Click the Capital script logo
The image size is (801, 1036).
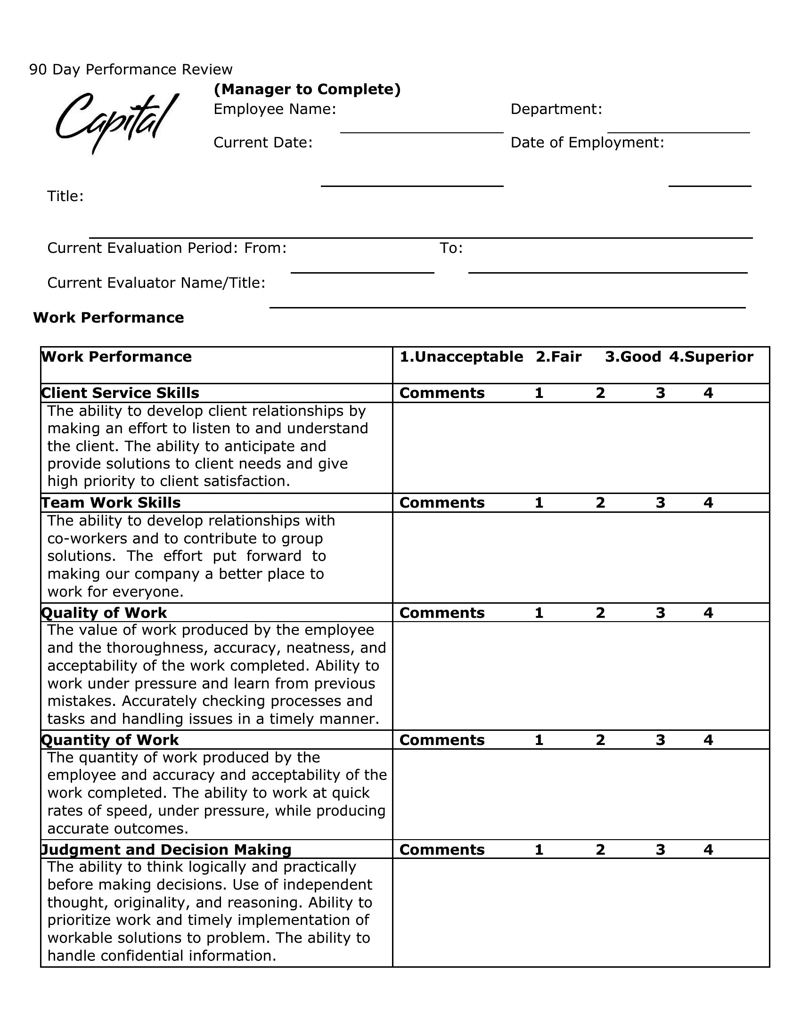116,121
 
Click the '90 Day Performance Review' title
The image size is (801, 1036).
131,70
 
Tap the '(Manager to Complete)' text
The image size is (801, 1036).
307,89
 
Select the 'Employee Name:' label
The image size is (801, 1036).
275,109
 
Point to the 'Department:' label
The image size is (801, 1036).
556,109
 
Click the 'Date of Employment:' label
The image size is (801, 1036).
587,142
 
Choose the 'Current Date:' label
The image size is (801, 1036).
263,142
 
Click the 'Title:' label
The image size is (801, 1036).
65,196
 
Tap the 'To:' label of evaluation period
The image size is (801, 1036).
451,248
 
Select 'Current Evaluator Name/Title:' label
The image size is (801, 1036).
156,283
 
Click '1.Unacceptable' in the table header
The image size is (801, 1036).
461,357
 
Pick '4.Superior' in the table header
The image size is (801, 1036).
711,357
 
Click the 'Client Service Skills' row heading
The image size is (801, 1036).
120,393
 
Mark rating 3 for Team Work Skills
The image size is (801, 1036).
660,503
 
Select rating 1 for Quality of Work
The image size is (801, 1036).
539,613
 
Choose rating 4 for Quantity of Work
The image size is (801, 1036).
708,740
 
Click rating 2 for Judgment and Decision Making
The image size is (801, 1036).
600,850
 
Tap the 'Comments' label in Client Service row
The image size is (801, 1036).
442,393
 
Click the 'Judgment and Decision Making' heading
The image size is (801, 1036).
166,850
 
